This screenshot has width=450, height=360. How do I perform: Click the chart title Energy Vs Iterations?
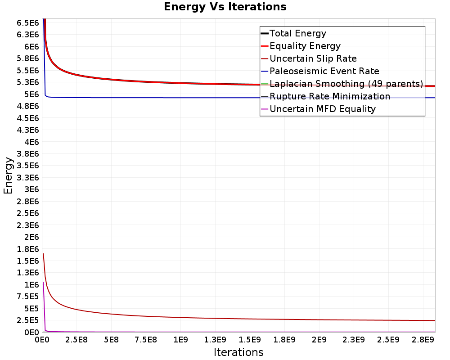point(225,7)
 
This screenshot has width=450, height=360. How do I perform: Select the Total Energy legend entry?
point(293,33)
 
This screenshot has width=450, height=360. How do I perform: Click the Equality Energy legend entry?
point(301,46)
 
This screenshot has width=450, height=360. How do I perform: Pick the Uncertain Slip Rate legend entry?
point(309,58)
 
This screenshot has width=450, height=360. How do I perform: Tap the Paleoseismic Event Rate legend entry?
point(319,71)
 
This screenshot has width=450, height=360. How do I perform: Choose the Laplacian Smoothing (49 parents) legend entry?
point(342,84)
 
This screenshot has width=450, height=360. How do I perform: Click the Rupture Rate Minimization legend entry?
point(325,96)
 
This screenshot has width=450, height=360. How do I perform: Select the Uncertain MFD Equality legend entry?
point(318,109)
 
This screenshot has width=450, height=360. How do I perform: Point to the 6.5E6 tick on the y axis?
point(27,22)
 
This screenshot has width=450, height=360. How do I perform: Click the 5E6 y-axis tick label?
point(31,94)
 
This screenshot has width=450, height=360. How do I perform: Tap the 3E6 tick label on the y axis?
point(31,189)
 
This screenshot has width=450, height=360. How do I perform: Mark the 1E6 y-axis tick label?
point(31,284)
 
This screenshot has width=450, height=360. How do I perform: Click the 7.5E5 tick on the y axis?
point(27,296)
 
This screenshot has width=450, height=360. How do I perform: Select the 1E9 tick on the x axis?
point(180,340)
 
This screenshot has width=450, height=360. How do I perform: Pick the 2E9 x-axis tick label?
point(319,340)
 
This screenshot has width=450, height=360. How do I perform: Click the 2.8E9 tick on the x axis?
point(423,340)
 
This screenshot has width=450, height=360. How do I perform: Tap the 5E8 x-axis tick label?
point(111,340)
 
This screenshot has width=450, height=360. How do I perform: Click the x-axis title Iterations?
point(238,352)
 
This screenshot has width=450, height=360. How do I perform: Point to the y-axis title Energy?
point(8,175)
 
